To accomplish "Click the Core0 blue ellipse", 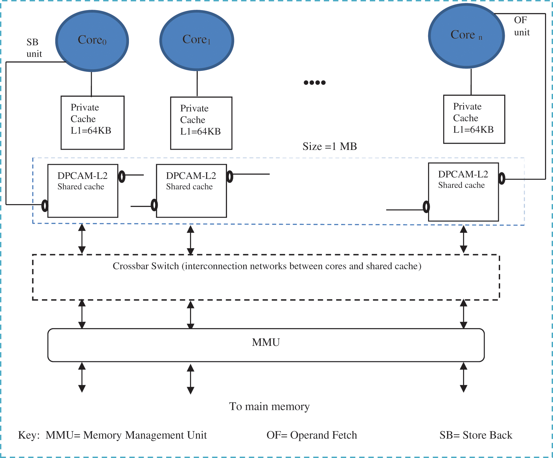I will click(x=92, y=41).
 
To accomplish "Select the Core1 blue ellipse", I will click(x=197, y=40).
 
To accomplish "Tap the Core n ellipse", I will click(x=466, y=35).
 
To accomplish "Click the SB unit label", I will click(x=34, y=48).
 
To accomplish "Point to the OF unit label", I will click(x=521, y=26).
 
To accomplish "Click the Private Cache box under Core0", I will click(x=92, y=123).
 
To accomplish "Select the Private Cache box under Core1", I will click(x=201, y=123).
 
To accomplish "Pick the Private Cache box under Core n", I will click(x=474, y=119).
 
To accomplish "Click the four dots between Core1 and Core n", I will click(x=314, y=83).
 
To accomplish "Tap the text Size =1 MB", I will click(x=329, y=146).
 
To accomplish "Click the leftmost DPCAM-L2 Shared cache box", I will click(x=83, y=191).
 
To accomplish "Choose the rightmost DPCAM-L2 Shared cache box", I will click(x=463, y=192).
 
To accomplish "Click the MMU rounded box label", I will click(x=266, y=342).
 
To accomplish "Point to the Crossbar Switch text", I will click(x=267, y=266).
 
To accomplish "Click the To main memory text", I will click(x=269, y=406).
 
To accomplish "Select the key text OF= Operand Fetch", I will click(x=311, y=435).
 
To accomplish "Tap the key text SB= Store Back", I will click(x=476, y=435).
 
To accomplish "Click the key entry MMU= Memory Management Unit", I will click(x=126, y=435).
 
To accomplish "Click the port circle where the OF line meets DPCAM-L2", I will click(x=502, y=179).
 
